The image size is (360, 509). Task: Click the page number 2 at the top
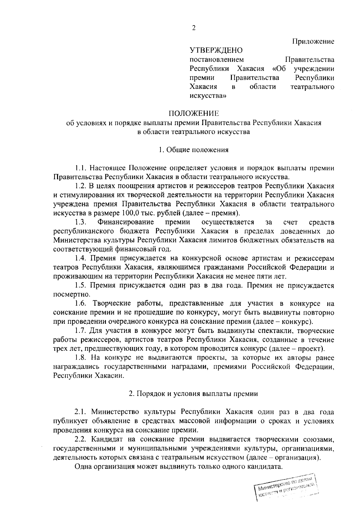[193, 28]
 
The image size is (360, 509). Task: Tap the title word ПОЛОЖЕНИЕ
[193, 113]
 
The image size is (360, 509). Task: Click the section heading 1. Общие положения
[193, 150]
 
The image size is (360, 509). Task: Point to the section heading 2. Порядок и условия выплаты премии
[193, 394]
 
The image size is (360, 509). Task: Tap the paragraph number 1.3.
[81, 222]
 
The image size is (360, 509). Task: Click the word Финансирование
[126, 222]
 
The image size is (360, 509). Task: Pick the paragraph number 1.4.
[81, 258]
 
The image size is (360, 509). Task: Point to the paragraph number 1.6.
[81, 303]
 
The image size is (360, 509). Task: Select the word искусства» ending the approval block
[208, 96]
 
